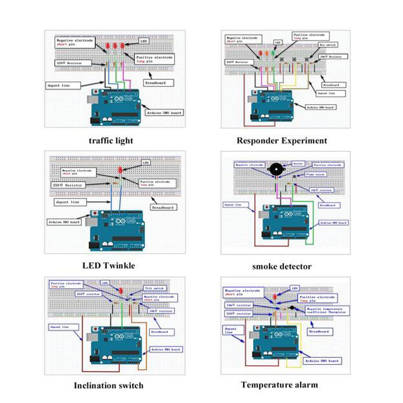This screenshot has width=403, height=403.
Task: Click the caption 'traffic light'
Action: [111, 140]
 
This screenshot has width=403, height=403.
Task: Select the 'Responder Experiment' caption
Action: [282, 140]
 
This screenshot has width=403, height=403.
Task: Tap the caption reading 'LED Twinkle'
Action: [109, 266]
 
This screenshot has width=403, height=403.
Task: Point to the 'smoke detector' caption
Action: [282, 266]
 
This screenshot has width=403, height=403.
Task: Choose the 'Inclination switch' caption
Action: [109, 385]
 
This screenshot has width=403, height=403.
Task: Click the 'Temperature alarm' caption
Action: [279, 385]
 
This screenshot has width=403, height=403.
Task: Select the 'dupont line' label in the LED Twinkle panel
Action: [68, 202]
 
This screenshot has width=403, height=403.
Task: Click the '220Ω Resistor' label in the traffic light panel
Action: [74, 63]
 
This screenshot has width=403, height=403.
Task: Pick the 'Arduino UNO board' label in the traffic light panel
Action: [165, 113]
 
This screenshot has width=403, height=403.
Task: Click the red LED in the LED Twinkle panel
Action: [120, 170]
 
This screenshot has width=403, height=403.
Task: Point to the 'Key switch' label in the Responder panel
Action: [327, 45]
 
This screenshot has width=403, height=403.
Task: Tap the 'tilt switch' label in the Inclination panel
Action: [153, 288]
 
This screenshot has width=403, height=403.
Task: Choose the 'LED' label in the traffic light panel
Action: [143, 41]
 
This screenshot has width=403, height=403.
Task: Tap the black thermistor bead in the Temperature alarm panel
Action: [292, 307]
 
